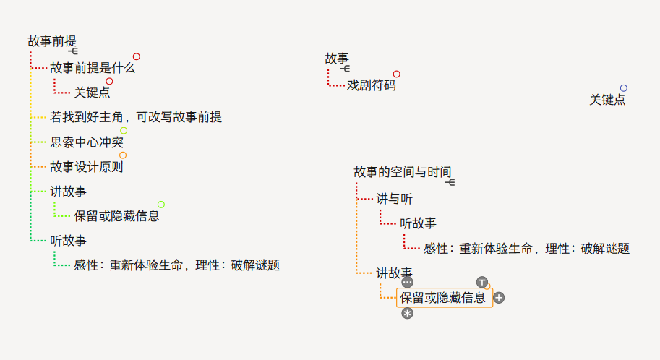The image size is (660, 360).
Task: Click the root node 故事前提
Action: (x=52, y=41)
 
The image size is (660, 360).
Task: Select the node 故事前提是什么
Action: (x=93, y=69)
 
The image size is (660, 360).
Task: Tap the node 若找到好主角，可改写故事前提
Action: (x=136, y=117)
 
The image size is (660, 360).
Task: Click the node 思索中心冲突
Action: (x=87, y=142)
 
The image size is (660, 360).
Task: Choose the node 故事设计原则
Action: (x=87, y=168)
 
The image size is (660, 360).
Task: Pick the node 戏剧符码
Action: (x=372, y=85)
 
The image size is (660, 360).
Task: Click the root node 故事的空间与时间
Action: (x=403, y=172)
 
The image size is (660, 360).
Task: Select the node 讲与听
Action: (x=395, y=199)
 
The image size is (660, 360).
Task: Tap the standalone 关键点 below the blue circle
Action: (x=607, y=100)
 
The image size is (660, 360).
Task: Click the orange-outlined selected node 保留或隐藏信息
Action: (x=443, y=298)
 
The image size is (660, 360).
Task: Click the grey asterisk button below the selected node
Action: (x=408, y=313)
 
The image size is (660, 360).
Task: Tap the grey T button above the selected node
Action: (x=482, y=282)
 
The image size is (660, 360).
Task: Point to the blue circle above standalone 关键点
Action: (x=624, y=88)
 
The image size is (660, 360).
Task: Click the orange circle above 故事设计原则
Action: (x=123, y=155)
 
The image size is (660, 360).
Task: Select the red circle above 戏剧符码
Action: (x=397, y=74)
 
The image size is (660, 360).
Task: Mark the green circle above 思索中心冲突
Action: (x=124, y=131)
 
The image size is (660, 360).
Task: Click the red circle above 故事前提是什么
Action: (x=136, y=56)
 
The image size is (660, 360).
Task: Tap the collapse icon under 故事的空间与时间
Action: (x=450, y=182)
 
